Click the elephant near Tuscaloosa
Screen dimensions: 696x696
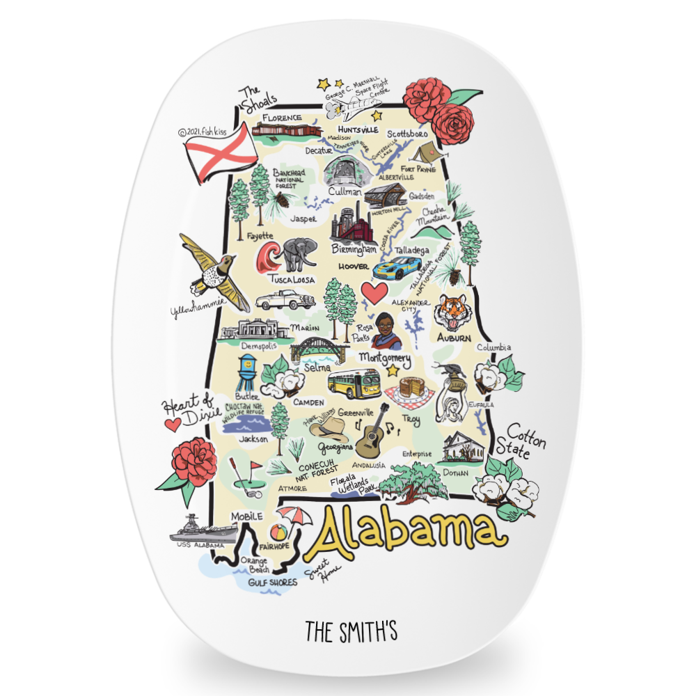299,254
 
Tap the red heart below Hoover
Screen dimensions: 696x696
374,292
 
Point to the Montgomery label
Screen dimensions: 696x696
383,357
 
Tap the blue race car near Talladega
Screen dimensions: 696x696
398,268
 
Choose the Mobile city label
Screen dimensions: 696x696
247,516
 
